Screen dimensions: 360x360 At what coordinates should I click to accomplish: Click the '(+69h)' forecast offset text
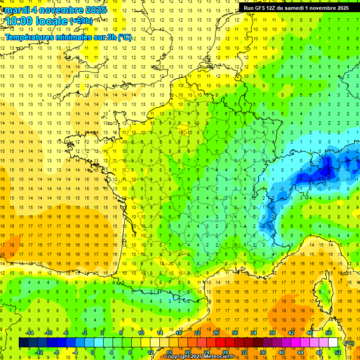click(81, 21)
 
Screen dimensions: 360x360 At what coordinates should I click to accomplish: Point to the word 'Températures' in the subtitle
click(31, 37)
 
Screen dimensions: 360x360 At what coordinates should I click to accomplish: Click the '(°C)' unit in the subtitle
click(124, 37)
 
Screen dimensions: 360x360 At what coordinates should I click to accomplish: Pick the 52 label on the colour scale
click(338, 352)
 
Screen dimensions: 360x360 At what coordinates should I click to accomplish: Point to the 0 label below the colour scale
click(93, 352)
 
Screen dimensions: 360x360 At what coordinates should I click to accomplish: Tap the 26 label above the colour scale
click(216, 333)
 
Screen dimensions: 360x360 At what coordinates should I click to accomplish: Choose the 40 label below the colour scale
click(282, 352)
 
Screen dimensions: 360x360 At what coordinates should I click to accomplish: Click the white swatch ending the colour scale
click(333, 343)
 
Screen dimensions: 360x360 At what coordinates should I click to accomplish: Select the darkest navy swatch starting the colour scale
click(23, 343)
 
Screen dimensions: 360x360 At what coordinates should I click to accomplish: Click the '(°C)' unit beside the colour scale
click(349, 343)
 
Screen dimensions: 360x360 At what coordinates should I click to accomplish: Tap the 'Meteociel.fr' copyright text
click(216, 357)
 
